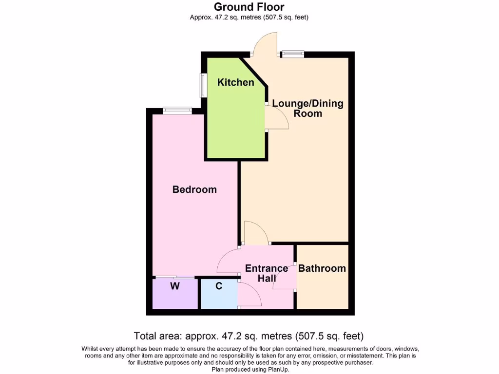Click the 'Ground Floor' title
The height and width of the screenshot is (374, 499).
tap(249, 7)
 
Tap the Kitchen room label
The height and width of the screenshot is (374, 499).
tap(235, 82)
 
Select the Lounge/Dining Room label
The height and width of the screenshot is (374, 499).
tap(307, 108)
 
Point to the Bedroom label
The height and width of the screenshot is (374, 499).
tap(194, 189)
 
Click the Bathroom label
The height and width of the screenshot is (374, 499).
tap(322, 268)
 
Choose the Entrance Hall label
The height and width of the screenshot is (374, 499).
tap(266, 273)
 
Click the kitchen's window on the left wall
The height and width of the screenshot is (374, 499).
tap(202, 86)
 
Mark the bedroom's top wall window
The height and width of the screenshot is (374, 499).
tap(177, 111)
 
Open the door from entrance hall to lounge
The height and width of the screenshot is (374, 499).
tap(256, 233)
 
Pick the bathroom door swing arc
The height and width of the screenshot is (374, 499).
tap(284, 278)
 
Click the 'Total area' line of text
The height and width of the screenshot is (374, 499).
tap(249, 336)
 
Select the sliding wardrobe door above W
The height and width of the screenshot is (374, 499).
tap(175, 278)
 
